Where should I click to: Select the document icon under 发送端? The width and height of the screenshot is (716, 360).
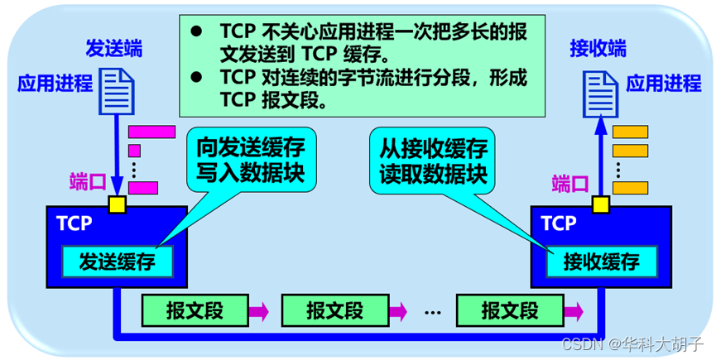(x=117, y=89)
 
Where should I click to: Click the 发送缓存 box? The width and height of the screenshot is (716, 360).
(x=118, y=262)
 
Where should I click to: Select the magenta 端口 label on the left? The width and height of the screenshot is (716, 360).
(x=88, y=183)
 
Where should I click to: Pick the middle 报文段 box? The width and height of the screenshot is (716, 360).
(x=334, y=311)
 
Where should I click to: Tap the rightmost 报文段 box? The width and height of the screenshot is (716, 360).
(x=509, y=311)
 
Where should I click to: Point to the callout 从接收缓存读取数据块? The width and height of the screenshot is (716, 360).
(x=433, y=160)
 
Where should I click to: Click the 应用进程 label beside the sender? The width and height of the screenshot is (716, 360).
(x=55, y=84)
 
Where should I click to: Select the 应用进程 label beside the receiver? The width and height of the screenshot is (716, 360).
(x=663, y=84)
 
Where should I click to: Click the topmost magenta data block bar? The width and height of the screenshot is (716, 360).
(x=152, y=131)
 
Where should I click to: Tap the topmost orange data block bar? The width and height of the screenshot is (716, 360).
(x=629, y=131)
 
